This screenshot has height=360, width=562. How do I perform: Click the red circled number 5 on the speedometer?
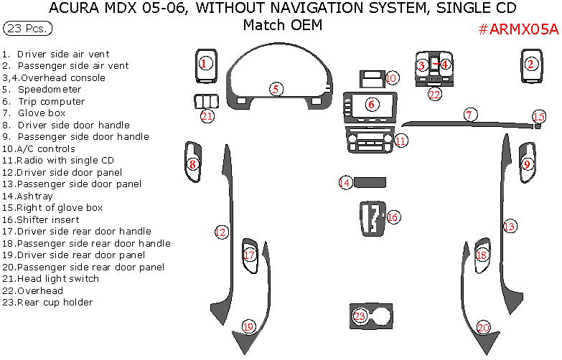click(276, 89)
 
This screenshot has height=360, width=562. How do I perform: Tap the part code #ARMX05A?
click(517, 29)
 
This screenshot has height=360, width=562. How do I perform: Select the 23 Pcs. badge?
click(27, 29)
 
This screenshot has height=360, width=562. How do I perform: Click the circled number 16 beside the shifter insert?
click(393, 217)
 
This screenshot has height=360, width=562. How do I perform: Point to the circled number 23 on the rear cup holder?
click(360, 316)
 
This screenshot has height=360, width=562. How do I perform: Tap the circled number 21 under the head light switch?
click(207, 116)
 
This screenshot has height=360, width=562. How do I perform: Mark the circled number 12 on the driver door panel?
click(221, 232)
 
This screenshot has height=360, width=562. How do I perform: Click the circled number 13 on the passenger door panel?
click(510, 227)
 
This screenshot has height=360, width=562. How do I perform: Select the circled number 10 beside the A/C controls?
click(391, 77)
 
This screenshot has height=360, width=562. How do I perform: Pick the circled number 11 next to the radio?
click(401, 140)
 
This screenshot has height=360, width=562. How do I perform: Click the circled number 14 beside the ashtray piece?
click(346, 183)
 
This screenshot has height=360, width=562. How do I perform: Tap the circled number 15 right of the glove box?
click(538, 117)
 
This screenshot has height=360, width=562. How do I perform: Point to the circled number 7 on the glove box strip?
click(469, 115)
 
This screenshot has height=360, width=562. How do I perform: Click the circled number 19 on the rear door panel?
click(248, 327)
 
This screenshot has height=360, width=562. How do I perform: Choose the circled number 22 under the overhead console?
click(434, 94)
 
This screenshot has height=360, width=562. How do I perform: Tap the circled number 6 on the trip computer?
click(371, 105)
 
